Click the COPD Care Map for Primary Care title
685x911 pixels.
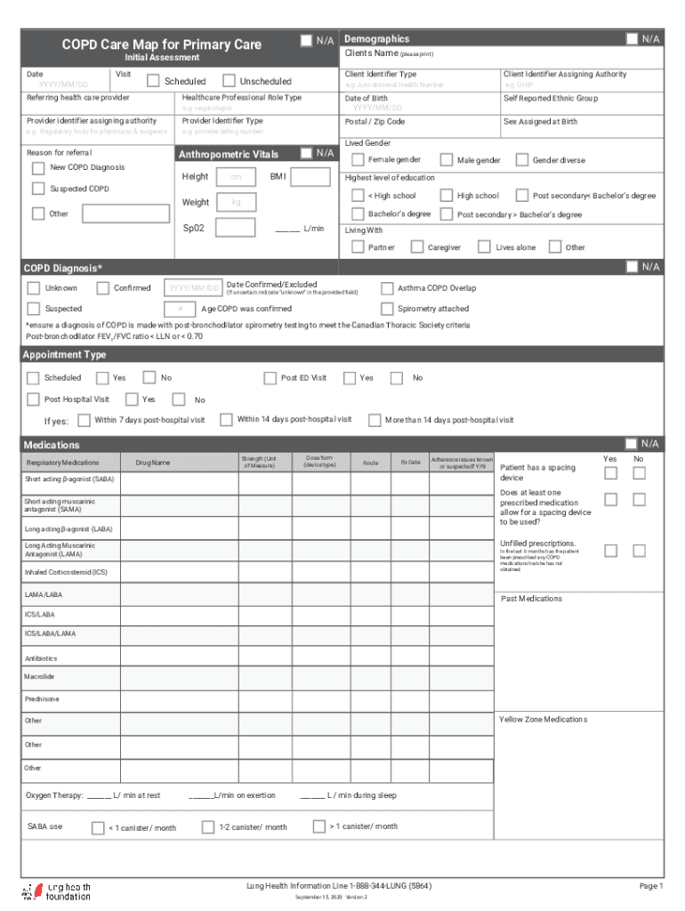(x=161, y=44)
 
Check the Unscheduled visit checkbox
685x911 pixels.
(x=229, y=81)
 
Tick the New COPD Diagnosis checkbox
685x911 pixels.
(x=37, y=168)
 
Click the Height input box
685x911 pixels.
(x=236, y=177)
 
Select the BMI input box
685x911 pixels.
(x=310, y=177)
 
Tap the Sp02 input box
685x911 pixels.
(x=236, y=228)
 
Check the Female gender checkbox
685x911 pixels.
(x=358, y=160)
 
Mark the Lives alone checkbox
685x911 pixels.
(x=484, y=247)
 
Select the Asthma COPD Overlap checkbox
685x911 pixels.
(x=387, y=288)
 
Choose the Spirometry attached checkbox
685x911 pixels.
(x=387, y=309)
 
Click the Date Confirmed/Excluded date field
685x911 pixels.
(x=193, y=288)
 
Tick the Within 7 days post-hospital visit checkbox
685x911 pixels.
(x=84, y=420)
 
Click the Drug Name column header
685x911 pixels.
(x=152, y=463)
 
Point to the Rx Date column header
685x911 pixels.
(x=410, y=463)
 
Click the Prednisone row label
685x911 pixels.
(x=42, y=699)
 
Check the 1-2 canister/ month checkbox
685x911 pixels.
(x=208, y=827)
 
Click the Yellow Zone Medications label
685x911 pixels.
(x=543, y=720)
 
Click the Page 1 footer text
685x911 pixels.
(x=650, y=886)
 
